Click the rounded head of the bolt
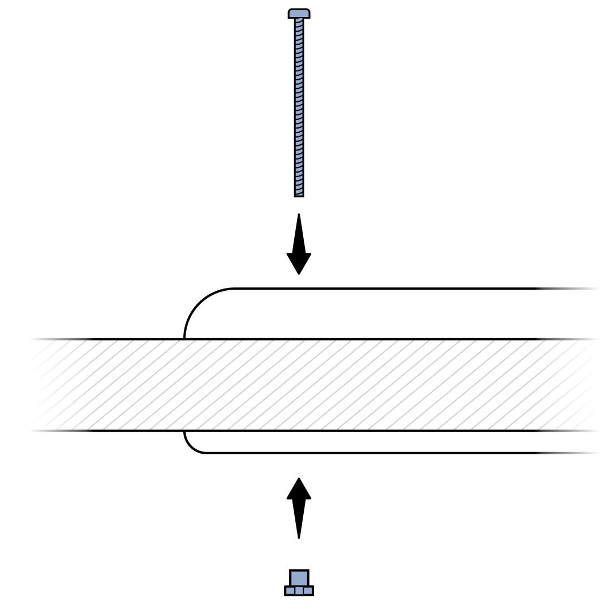(299, 13)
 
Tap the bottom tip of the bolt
(299, 195)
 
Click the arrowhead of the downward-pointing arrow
(299, 263)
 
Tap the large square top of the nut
(299, 578)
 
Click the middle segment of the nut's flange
(299, 591)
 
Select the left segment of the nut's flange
(289, 591)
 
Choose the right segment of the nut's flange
(308, 591)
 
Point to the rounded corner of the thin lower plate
(191, 446)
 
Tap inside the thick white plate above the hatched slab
(368, 314)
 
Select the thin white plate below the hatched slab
(368, 442)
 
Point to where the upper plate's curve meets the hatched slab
(184, 339)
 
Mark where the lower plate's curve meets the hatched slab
(184, 431)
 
